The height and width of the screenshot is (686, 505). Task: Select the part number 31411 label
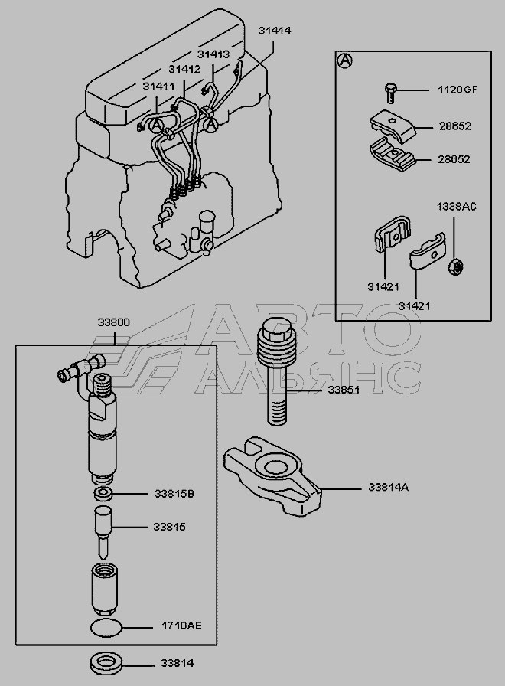tap(159, 87)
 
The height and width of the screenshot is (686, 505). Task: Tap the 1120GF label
tap(457, 90)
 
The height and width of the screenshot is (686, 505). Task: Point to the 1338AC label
tap(456, 207)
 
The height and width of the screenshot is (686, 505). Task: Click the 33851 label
tap(344, 390)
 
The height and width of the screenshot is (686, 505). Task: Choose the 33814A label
tap(388, 487)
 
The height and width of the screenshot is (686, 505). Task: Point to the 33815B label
tap(173, 494)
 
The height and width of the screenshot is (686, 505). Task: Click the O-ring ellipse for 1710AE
tap(105, 629)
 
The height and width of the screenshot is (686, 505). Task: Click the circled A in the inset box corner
tap(344, 60)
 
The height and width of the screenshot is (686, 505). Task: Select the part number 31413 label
tap(213, 54)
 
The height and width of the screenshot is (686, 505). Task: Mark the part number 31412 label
tap(184, 69)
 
